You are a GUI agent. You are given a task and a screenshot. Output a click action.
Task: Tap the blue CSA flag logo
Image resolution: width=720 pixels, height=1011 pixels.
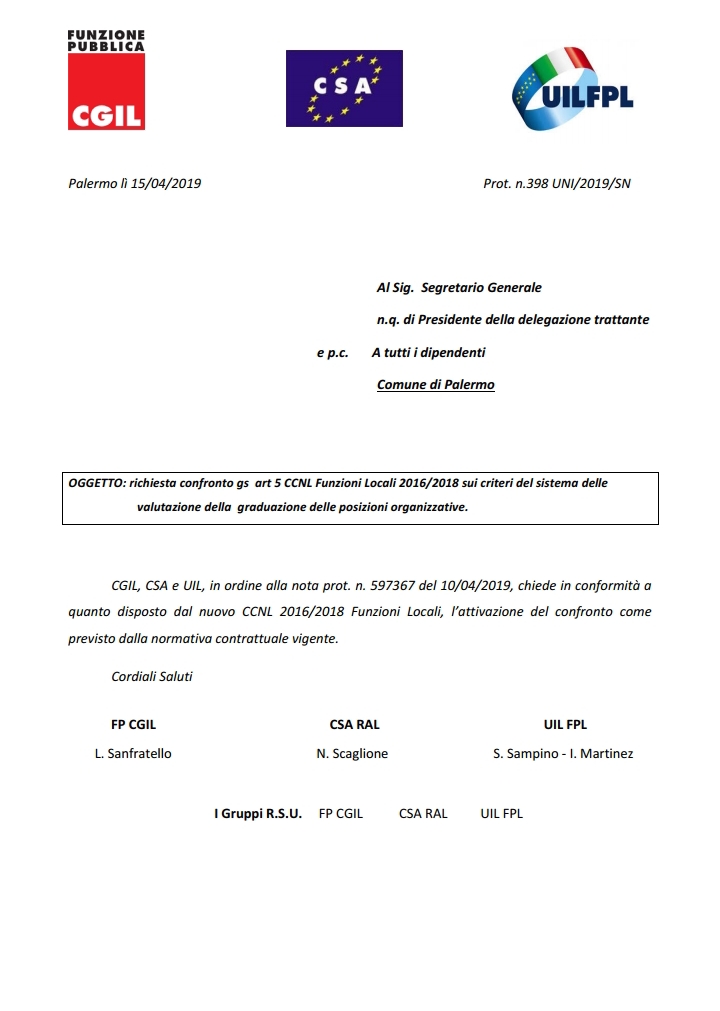click(x=344, y=88)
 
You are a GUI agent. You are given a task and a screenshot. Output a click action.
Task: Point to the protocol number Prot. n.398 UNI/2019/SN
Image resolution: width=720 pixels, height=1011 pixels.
click(x=557, y=183)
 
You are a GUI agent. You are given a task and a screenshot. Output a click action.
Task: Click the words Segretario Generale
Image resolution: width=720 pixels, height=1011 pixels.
click(x=481, y=288)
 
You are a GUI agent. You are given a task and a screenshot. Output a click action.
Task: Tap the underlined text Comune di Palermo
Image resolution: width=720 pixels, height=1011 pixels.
click(x=435, y=385)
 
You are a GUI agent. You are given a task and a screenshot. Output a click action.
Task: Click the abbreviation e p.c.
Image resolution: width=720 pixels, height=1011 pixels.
click(x=332, y=353)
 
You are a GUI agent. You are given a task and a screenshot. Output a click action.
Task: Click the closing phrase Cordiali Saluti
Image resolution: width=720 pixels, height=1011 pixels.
click(x=152, y=676)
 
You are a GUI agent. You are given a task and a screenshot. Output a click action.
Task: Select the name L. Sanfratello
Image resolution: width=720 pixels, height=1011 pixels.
click(x=133, y=754)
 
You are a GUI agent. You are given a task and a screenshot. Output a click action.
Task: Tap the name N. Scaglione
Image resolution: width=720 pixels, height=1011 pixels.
click(x=352, y=754)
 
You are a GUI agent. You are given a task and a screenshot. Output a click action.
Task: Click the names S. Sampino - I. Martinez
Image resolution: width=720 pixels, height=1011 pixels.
click(x=563, y=754)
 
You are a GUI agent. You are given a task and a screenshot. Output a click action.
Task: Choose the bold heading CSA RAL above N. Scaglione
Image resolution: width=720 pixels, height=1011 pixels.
click(x=354, y=725)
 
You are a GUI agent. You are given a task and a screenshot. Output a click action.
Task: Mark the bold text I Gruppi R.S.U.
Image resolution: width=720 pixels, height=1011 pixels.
click(x=258, y=814)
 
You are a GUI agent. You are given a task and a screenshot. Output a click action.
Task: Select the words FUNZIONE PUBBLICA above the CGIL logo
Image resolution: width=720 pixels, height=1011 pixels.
click(x=106, y=40)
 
